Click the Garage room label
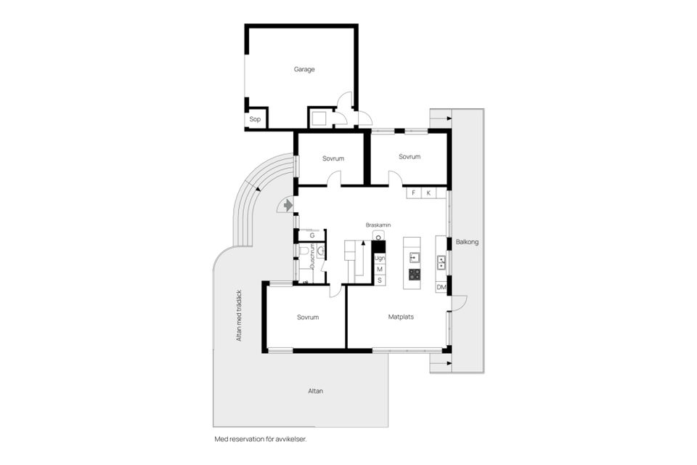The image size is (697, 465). [x=304, y=70]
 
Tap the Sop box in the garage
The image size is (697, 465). [x=255, y=119]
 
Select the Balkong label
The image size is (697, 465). [x=468, y=242]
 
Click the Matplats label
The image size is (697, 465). [x=401, y=317]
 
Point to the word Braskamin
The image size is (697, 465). [x=378, y=225]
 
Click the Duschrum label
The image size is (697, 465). [x=313, y=256]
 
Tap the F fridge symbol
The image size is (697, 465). [x=414, y=193]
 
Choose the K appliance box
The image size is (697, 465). [x=428, y=193]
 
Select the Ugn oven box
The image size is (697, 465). [x=379, y=258]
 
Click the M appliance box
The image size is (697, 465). [x=379, y=270]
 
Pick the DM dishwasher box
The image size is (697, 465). [x=441, y=288]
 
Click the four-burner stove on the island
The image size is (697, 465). [x=415, y=274]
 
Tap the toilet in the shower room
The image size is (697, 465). [x=303, y=251]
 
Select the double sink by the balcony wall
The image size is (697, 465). [x=441, y=262]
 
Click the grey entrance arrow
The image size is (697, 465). [x=288, y=206]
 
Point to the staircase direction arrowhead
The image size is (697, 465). [x=356, y=246]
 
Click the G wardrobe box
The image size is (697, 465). [x=312, y=235]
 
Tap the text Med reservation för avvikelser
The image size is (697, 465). [x=265, y=440]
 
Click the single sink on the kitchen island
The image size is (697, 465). [x=415, y=256]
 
